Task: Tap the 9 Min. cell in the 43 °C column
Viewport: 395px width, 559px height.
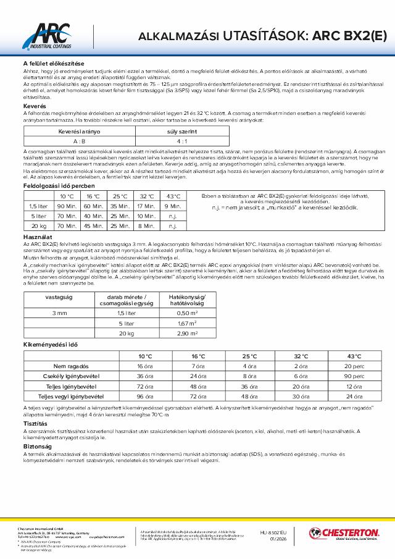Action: (x=174, y=206)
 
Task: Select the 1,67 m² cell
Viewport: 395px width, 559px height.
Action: (x=186, y=323)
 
